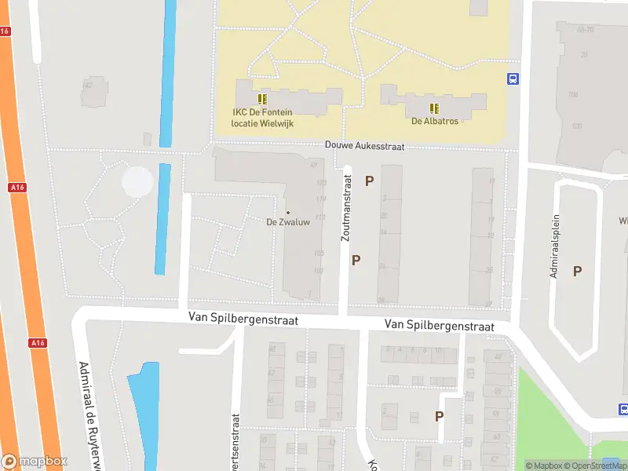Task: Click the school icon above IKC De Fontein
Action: (262, 99)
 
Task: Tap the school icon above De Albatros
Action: (434, 108)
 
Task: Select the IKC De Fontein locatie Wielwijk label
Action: (262, 118)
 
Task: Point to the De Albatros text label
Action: (434, 121)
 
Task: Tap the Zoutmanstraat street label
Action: (346, 207)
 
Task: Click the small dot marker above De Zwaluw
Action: (287, 212)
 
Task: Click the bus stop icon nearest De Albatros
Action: (513, 78)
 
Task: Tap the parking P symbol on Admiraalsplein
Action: (577, 271)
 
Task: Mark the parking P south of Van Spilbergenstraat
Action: (440, 416)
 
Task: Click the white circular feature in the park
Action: (137, 182)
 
